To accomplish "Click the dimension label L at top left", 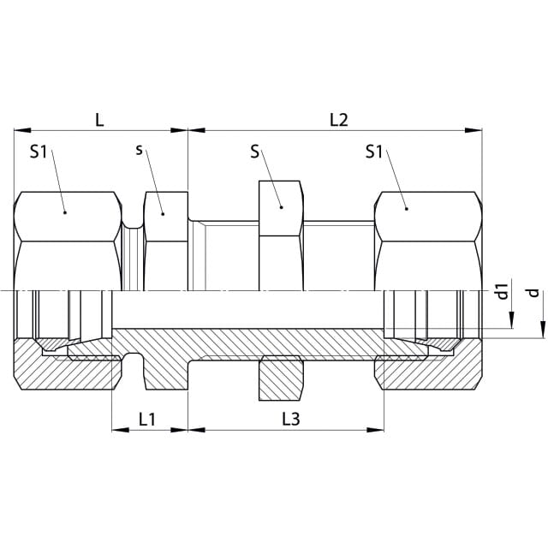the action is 100,120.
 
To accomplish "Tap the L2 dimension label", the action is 339,120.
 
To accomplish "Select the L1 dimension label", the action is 147,419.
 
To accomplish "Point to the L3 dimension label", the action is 291,419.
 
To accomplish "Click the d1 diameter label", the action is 503,291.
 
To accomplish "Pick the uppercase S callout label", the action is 255,152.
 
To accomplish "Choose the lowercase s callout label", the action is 139,151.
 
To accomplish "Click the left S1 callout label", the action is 38,152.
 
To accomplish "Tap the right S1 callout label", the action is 374,152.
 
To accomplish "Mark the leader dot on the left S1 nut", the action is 65,212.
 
